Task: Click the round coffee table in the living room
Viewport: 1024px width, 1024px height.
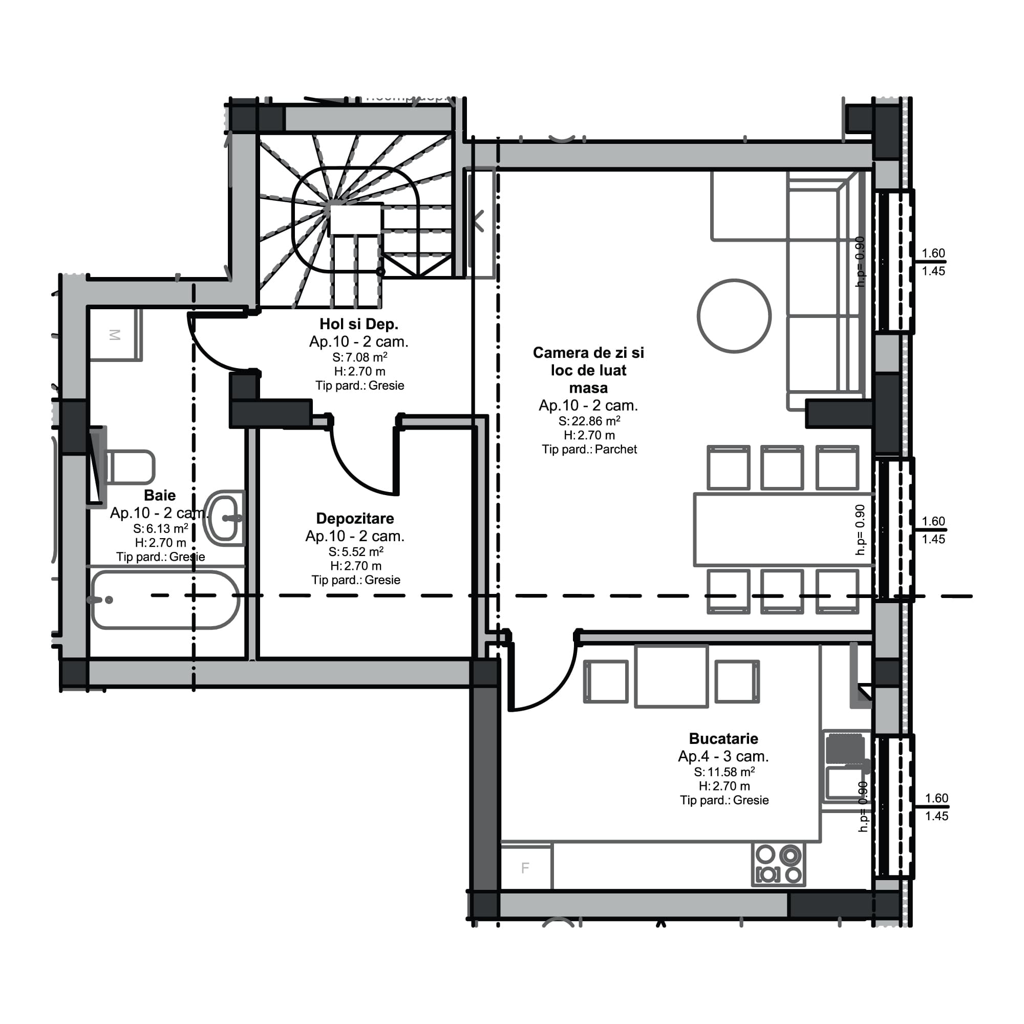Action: click(x=734, y=316)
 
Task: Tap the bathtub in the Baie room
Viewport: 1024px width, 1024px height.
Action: click(x=165, y=601)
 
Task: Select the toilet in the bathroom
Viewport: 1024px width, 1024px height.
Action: click(x=131, y=467)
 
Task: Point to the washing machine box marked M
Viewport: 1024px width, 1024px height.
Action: click(x=115, y=335)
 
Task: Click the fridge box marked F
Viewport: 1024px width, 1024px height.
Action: click(x=525, y=868)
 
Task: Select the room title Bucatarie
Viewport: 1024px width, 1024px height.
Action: click(x=723, y=738)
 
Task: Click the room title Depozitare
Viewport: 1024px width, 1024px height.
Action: click(x=355, y=518)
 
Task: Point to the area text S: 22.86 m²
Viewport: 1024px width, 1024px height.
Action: click(x=589, y=421)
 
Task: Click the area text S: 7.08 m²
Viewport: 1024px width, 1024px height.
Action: click(x=359, y=357)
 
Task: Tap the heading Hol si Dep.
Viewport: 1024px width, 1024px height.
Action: click(x=359, y=324)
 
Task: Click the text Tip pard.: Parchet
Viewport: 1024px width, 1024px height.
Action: click(x=589, y=450)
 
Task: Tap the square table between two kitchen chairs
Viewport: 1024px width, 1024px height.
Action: click(x=671, y=676)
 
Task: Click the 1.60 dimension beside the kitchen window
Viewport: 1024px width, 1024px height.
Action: click(x=936, y=798)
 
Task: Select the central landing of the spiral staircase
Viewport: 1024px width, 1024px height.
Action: click(x=356, y=219)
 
